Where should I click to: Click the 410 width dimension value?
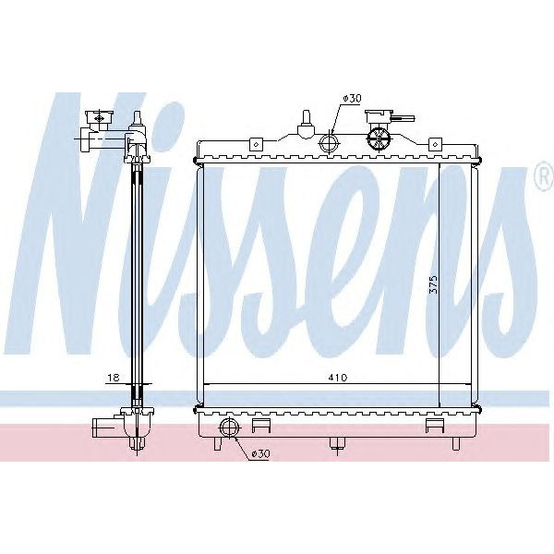tap(319, 377)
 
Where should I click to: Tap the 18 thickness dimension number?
tap(112, 377)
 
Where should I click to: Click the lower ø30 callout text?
tap(260, 454)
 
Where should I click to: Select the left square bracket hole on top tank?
tap(253, 143)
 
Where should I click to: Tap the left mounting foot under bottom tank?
tap(217, 443)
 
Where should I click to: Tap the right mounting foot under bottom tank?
tap(454, 443)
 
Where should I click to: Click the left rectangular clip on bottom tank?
tap(261, 426)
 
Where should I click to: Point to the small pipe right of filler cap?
tap(403, 119)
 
